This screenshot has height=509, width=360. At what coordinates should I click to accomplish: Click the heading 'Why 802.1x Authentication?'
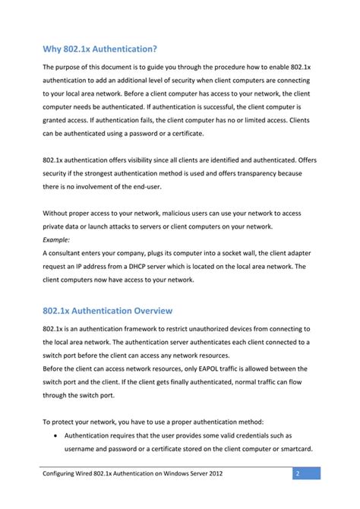[x=99, y=49]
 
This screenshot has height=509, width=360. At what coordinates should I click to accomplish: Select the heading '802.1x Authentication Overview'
[x=107, y=311]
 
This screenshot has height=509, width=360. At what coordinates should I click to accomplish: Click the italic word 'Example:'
[x=56, y=239]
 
